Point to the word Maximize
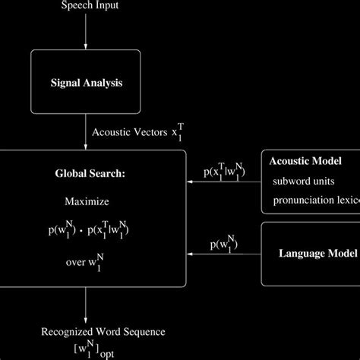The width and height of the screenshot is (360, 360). (87, 203)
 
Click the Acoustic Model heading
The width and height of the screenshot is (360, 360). (311, 162)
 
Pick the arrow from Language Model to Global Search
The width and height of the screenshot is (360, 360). (223, 255)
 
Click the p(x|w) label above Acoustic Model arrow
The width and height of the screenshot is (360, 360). (225, 172)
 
